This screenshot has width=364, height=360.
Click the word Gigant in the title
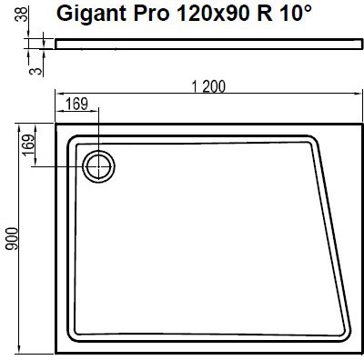coord(91,14)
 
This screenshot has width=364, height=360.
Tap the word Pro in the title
coord(151,14)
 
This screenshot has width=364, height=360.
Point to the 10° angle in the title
coord(292,13)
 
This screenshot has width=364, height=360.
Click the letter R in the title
coord(265,14)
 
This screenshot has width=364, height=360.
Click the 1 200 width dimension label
coord(208,87)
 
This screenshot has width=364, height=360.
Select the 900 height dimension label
coord(13,238)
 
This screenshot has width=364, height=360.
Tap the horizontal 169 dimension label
coord(76,104)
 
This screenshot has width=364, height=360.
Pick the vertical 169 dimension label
coord(29,145)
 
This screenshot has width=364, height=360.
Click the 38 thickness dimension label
coord(21,15)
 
